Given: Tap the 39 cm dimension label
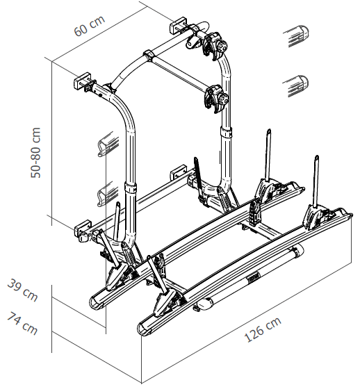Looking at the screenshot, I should click(x=22, y=290).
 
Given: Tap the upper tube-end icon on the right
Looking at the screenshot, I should click(x=297, y=34).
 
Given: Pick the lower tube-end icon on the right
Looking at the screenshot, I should click(x=297, y=85).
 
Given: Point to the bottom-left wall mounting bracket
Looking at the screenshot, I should click(x=83, y=230).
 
